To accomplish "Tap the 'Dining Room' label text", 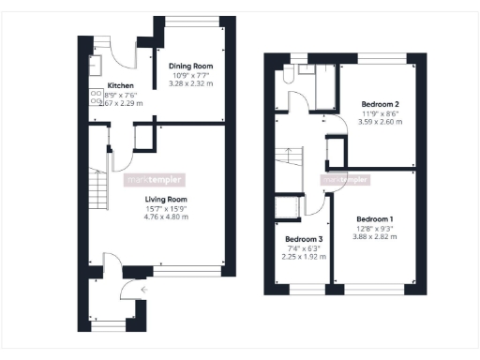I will point(191,67).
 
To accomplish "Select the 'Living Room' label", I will point(166,200).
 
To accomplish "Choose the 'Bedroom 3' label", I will point(303,238).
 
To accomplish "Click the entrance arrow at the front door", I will point(142,291).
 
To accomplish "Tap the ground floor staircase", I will point(96,192).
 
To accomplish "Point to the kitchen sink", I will point(96,65).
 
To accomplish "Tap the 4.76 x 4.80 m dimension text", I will point(166,217).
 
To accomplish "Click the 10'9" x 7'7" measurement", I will point(191,76).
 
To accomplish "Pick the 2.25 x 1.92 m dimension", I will point(303,256).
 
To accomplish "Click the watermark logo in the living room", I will point(161,180).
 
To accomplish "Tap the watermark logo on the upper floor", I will point(346,180).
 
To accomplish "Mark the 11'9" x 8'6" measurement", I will point(382,113).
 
